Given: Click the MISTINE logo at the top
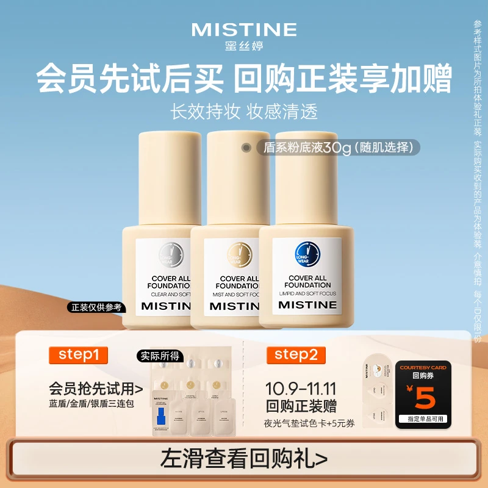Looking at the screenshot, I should click(x=244, y=29).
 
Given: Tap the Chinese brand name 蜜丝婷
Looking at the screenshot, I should click(x=244, y=45).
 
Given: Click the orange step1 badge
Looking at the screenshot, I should click(x=78, y=356).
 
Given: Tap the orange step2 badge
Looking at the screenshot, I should click(x=295, y=356).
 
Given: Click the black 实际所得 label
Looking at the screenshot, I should click(x=155, y=356).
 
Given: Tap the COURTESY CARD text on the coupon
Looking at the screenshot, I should click(x=423, y=368).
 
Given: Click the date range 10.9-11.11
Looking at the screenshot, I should click(x=300, y=389).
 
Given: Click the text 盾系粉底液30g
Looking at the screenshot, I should click(x=303, y=148).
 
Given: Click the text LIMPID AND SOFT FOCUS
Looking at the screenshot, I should click(x=307, y=294).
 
